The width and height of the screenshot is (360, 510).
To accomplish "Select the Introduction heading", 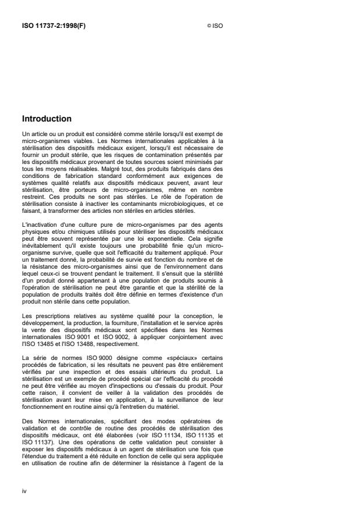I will pos(47,119).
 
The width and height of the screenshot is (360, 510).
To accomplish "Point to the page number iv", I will pos(24,491).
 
